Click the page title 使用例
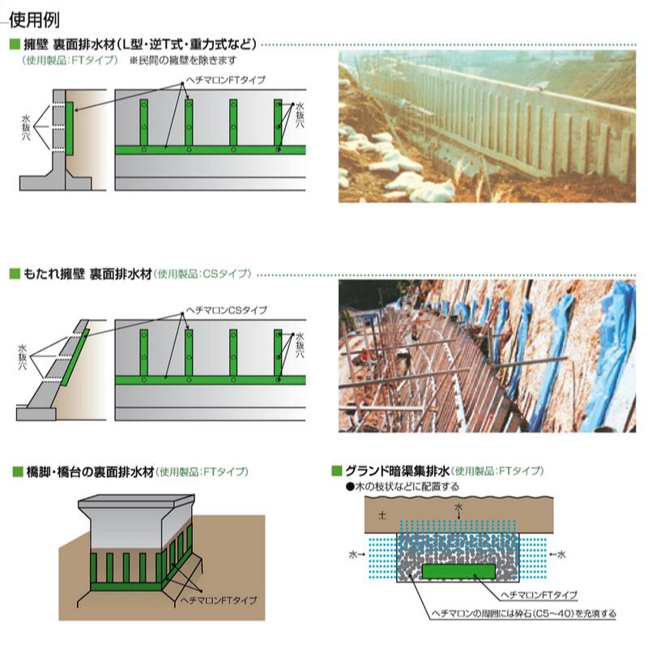point(34,20)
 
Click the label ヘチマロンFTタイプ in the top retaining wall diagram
point(226,79)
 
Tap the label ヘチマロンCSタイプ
point(227,310)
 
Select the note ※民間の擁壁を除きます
point(183,60)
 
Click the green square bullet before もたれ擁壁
point(15,274)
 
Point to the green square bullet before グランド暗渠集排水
point(337,471)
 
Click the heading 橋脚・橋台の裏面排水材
point(90,471)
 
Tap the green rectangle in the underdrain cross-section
point(458,571)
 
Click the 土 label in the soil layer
point(382,515)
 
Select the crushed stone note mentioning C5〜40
point(523,614)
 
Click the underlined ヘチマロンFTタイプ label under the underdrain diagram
point(539,595)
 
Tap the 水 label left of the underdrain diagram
point(353,554)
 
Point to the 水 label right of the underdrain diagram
point(561,554)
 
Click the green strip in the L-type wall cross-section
point(70,129)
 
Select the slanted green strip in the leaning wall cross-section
point(75,357)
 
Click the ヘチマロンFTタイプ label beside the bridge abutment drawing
point(219,600)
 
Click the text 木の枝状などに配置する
point(407,487)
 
